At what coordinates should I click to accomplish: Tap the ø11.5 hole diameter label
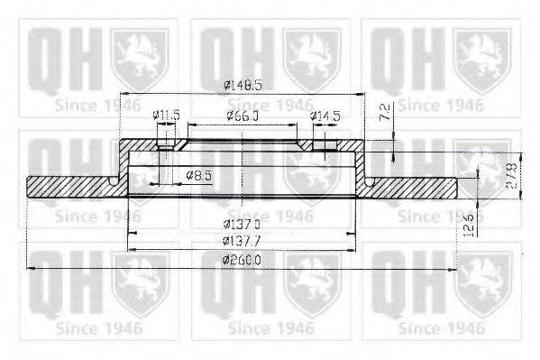tap(166, 115)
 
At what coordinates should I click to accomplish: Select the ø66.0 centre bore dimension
tap(242, 115)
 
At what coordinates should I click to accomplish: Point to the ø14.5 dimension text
tap(325, 115)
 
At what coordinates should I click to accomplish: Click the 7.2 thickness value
tap(384, 113)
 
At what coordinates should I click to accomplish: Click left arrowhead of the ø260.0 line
tap(31, 268)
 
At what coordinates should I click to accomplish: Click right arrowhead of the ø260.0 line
tap(455, 268)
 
